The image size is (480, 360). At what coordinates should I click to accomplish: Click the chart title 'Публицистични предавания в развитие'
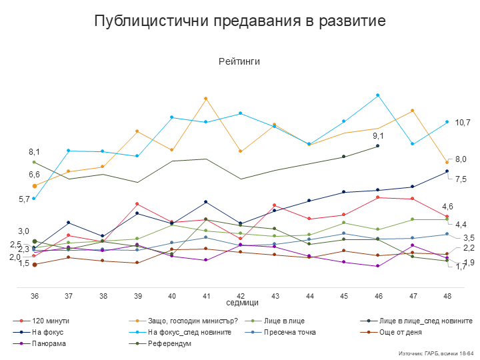pyautogui.click(x=239, y=21)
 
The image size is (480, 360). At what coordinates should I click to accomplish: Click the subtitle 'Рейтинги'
pyautogui.click(x=239, y=61)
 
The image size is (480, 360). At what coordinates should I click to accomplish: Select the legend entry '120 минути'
pyautogui.click(x=50, y=321)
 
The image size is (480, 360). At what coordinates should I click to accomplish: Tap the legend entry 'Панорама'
pyautogui.click(x=49, y=343)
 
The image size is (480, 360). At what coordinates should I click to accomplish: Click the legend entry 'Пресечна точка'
pyautogui.click(x=289, y=332)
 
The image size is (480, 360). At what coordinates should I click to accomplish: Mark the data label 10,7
pyautogui.click(x=463, y=123)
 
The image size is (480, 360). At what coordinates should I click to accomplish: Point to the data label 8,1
pyautogui.click(x=34, y=152)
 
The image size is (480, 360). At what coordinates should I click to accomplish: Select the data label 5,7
pyautogui.click(x=25, y=199)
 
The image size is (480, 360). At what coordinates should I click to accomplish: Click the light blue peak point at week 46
pyautogui.click(x=378, y=95)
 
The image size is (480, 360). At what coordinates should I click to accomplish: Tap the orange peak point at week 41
pyautogui.click(x=205, y=99)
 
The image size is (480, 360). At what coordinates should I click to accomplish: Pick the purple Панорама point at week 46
pyautogui.click(x=378, y=266)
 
